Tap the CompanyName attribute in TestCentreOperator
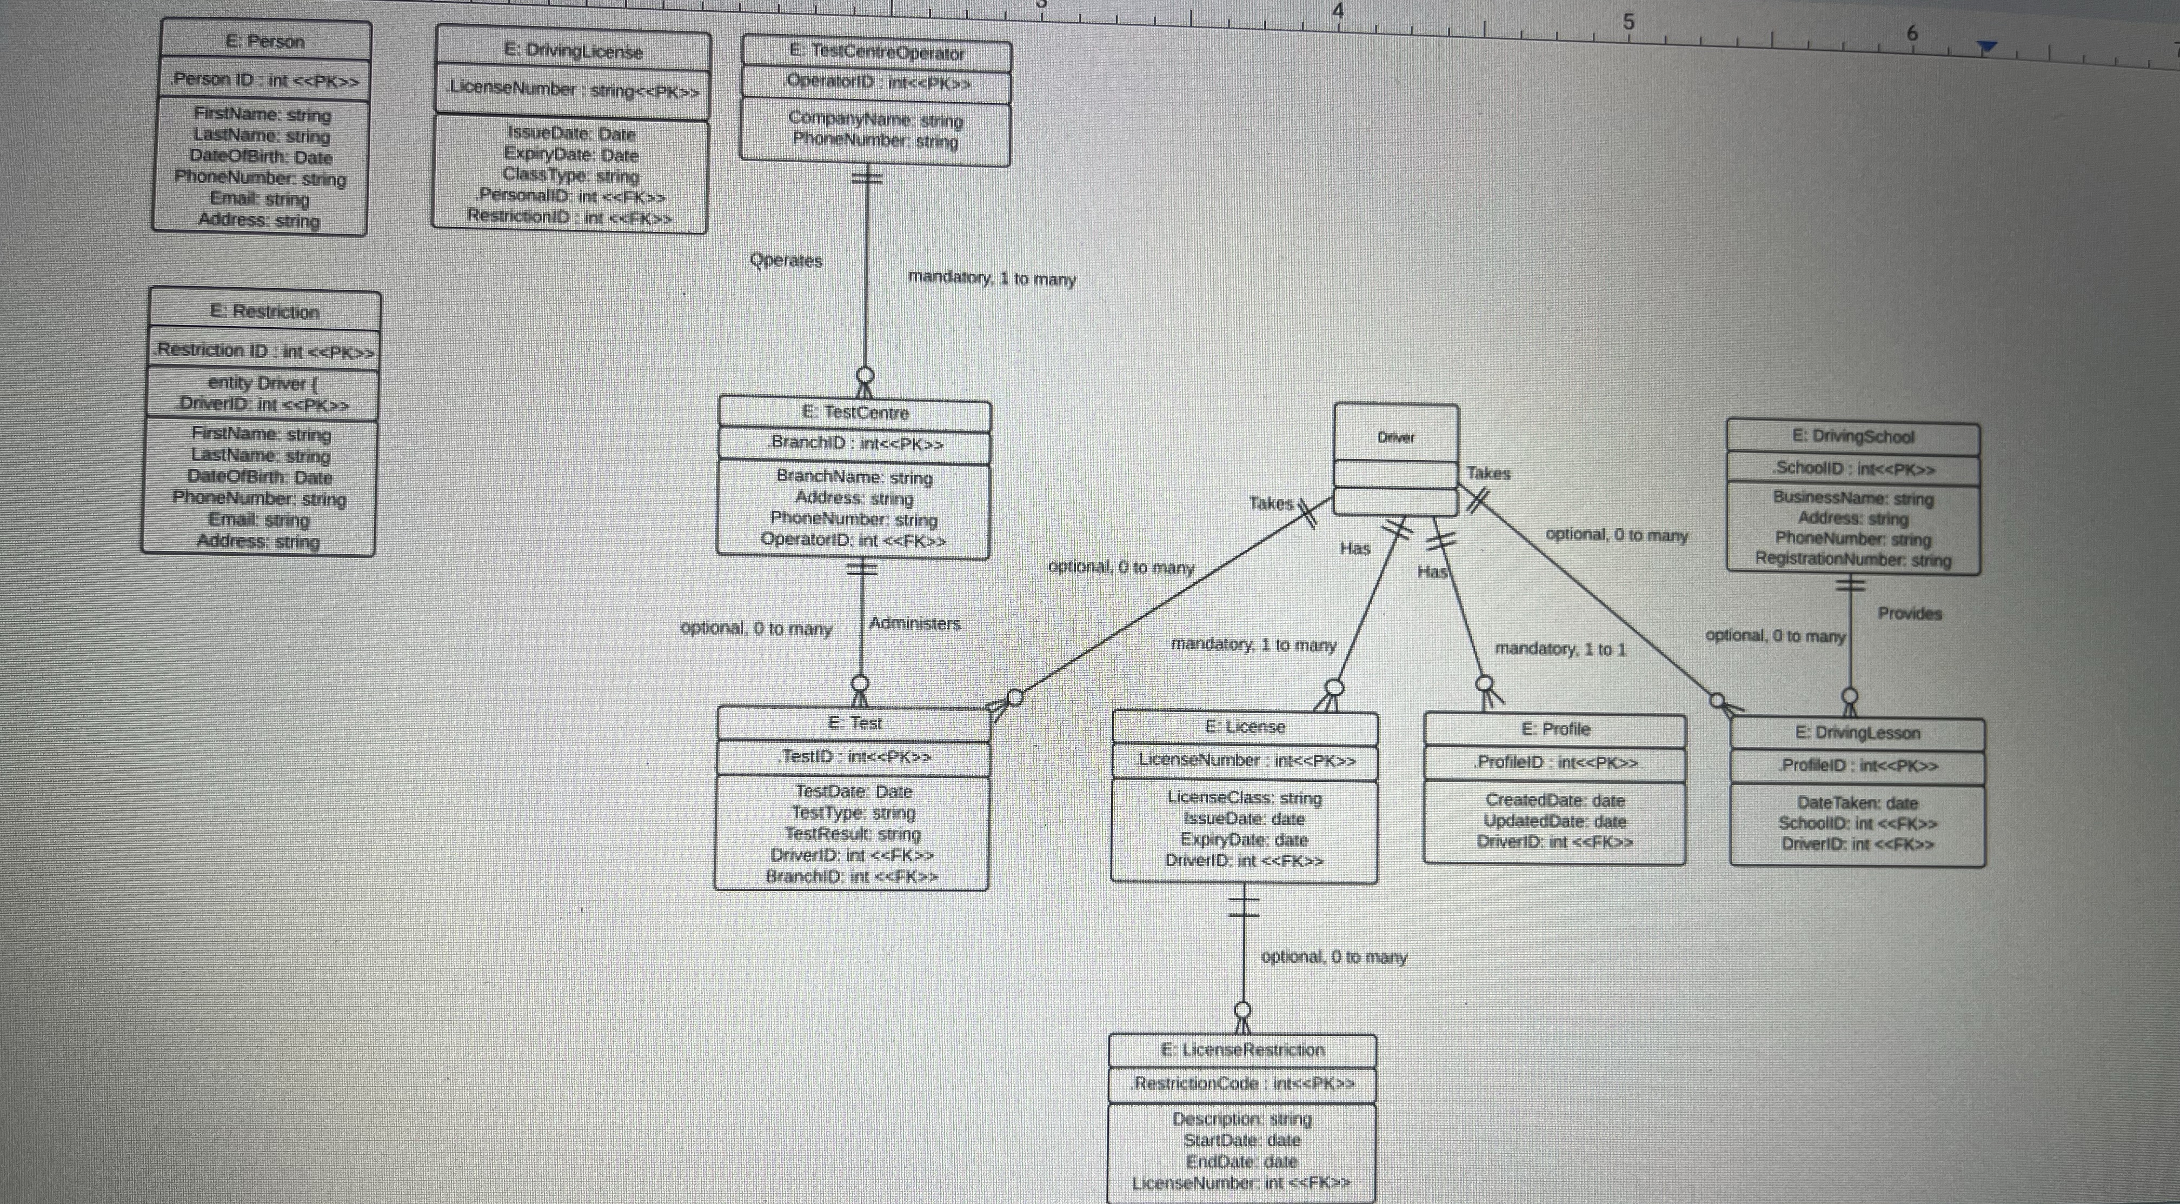pos(875,119)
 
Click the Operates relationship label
pos(786,261)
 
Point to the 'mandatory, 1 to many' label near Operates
pos(991,278)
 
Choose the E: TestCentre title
pos(855,413)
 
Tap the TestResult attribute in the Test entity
pos(852,834)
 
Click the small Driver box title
pos(1395,437)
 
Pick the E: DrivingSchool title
pos(1852,437)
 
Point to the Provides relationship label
pos(1909,614)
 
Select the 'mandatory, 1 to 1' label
pos(1560,649)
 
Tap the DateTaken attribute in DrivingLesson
pos(1857,803)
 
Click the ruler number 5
pos(1628,22)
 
